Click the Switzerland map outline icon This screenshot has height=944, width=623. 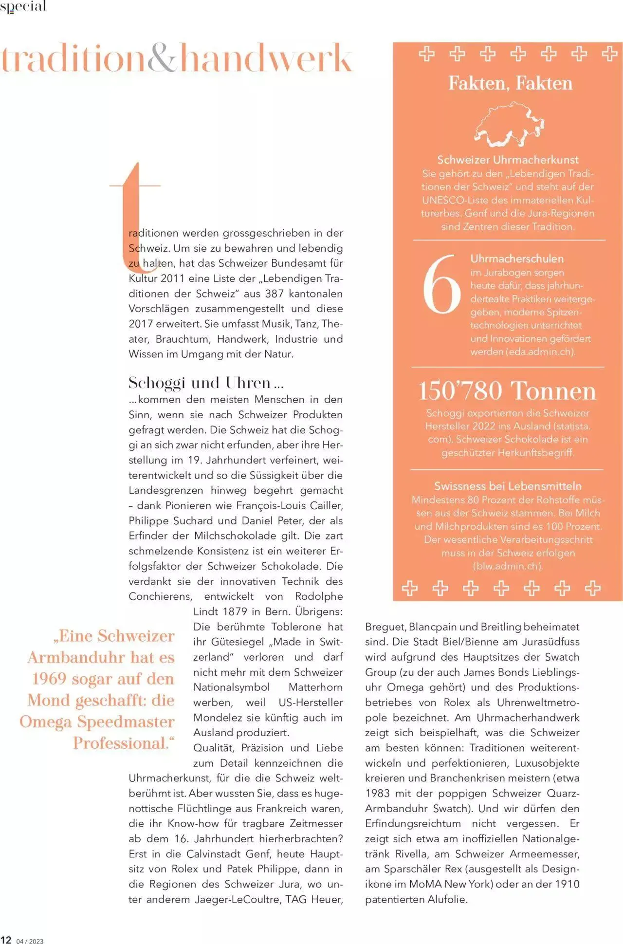(510, 125)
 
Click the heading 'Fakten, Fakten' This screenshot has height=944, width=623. (510, 83)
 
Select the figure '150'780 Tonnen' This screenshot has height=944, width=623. (507, 391)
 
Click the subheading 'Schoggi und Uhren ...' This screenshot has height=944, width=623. (205, 383)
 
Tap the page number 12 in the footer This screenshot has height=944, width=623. (6, 940)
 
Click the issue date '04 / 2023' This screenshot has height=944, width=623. (30, 941)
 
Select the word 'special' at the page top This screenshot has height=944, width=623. (23, 6)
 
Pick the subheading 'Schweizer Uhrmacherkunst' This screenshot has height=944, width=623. (508, 160)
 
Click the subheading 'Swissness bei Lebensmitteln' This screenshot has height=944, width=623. (508, 486)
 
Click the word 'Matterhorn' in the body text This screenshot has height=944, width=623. (315, 687)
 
